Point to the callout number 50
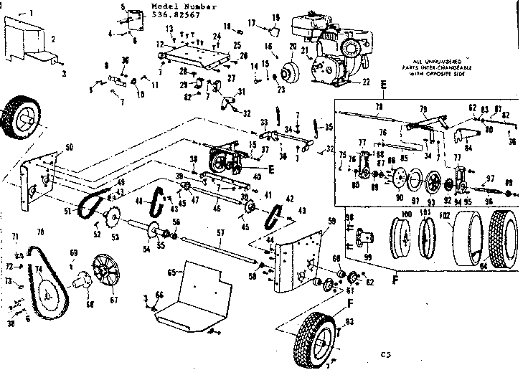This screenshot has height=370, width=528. [x=69, y=147]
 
